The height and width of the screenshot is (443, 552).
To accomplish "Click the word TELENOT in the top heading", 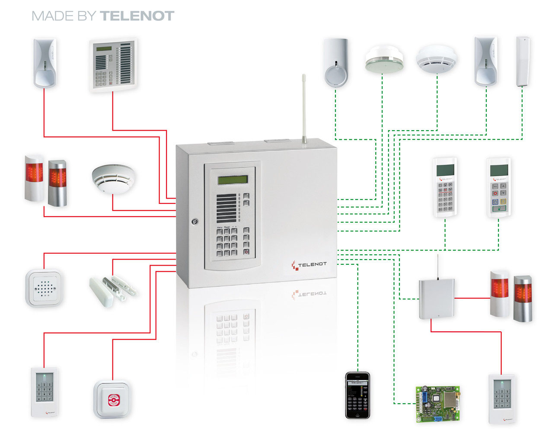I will click(x=137, y=16).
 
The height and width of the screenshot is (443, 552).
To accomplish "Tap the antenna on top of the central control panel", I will click(x=304, y=108).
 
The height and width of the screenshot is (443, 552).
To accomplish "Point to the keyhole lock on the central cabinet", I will click(x=195, y=221).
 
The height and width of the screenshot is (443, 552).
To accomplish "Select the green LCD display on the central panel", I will click(x=233, y=180).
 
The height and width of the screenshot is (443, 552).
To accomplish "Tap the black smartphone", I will click(x=357, y=395).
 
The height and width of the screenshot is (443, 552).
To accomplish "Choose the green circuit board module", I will click(x=437, y=404).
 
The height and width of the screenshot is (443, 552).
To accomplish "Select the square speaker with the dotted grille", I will click(x=44, y=288).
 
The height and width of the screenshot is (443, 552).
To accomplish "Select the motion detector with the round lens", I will click(x=336, y=63).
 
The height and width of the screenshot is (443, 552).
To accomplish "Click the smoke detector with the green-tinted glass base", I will click(x=384, y=60).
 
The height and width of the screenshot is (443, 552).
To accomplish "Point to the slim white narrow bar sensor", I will click(x=523, y=61).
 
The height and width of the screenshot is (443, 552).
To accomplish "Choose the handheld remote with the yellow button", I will click(x=498, y=187).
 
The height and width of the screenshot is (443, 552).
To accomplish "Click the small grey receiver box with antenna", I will click(x=436, y=299).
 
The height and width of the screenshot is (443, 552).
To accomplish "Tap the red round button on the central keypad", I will click(x=246, y=252).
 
